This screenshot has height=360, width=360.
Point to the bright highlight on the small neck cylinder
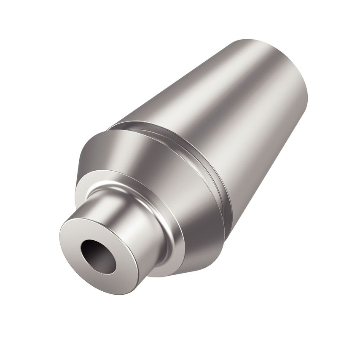pyautogui.click(x=122, y=211)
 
